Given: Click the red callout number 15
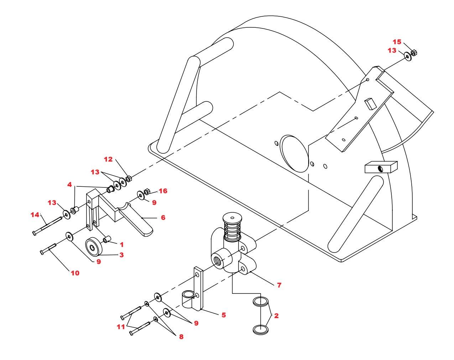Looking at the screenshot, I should pyautogui.click(x=397, y=42).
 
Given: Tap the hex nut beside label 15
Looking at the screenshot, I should pyautogui.click(x=413, y=53).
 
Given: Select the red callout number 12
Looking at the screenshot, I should pyautogui.click(x=108, y=159).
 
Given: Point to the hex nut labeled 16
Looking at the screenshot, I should pyautogui.click(x=147, y=191).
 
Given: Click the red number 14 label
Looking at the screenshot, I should pyautogui.click(x=35, y=215).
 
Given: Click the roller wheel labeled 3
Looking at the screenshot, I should pyautogui.click(x=93, y=247).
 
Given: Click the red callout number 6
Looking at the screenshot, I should pyautogui.click(x=163, y=218).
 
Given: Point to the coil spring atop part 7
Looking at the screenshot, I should pyautogui.click(x=232, y=229).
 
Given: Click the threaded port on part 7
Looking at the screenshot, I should pyautogui.click(x=218, y=260).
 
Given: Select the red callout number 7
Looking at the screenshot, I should pyautogui.click(x=279, y=285).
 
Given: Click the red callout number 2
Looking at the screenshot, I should pyautogui.click(x=276, y=316).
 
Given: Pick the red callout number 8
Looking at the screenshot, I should pyautogui.click(x=181, y=337).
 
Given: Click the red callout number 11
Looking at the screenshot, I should pyautogui.click(x=121, y=327).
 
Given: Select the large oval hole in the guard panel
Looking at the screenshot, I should pyautogui.click(x=294, y=153).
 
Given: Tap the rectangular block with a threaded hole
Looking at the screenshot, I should pyautogui.click(x=381, y=167).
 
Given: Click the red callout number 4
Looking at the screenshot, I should pyautogui.click(x=69, y=185).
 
